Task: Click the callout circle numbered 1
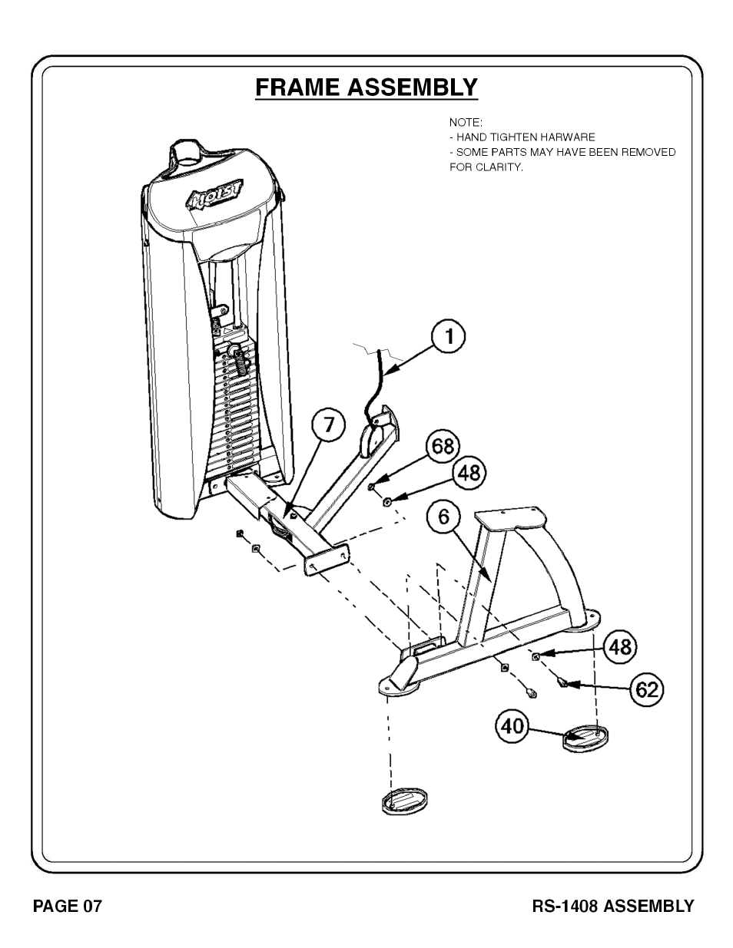(x=446, y=337)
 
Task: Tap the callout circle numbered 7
(x=329, y=425)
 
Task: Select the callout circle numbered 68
(x=443, y=447)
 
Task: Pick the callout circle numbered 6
(x=444, y=517)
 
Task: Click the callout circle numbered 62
(x=647, y=689)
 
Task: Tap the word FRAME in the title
(x=298, y=87)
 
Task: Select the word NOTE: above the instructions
(x=466, y=122)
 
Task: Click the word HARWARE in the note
(x=569, y=137)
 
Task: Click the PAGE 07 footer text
(x=67, y=906)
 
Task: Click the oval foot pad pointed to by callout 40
(x=585, y=738)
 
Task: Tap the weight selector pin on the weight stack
(x=238, y=354)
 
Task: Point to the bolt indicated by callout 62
(x=562, y=680)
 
